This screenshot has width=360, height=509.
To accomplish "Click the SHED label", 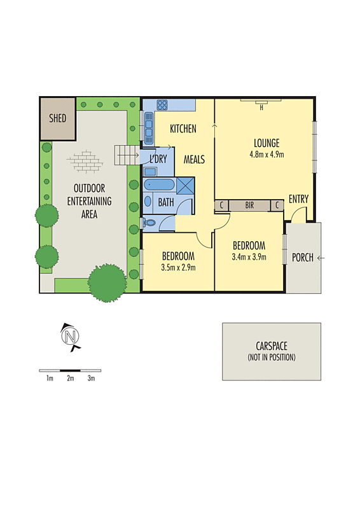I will pyautogui.click(x=57, y=118).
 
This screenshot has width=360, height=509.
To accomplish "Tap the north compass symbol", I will pyautogui.click(x=70, y=335).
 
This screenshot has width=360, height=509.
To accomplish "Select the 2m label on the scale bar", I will pyautogui.click(x=70, y=379).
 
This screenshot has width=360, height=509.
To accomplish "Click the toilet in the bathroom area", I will pyautogui.click(x=149, y=222).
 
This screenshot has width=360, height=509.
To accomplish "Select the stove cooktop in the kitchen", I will pyautogui.click(x=162, y=105).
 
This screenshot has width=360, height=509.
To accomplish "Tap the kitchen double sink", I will pyautogui.click(x=148, y=128).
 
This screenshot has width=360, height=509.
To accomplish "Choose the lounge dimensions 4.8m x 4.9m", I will pyautogui.click(x=267, y=154).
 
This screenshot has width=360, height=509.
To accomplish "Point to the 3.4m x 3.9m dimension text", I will pyautogui.click(x=249, y=257).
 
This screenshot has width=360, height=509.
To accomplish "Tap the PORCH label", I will pyautogui.click(x=302, y=258).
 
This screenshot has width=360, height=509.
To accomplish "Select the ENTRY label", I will pyautogui.click(x=298, y=199).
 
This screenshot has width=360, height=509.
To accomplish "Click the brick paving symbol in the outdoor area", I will pyautogui.click(x=85, y=162).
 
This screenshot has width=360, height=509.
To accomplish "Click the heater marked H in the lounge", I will pyautogui.click(x=261, y=106).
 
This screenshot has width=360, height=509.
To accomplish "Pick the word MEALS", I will pyautogui.click(x=195, y=159).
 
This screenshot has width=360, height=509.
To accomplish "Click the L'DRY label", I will pyautogui.click(x=158, y=158).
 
